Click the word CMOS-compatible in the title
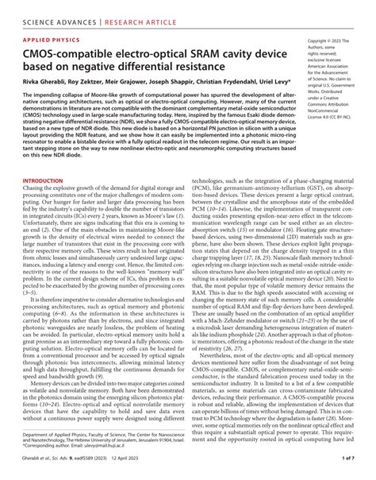[65, 53]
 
